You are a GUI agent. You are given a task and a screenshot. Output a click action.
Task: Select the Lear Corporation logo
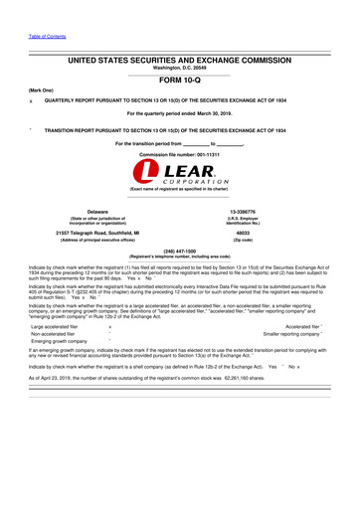click(x=180, y=177)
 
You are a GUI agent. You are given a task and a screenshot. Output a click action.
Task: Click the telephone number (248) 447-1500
click(x=180, y=252)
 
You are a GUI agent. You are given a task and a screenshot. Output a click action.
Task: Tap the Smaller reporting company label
click(x=290, y=333)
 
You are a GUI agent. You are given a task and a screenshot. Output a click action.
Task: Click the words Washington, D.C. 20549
click(x=180, y=68)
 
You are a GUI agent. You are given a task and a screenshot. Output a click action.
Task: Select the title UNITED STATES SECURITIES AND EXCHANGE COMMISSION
click(x=180, y=60)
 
